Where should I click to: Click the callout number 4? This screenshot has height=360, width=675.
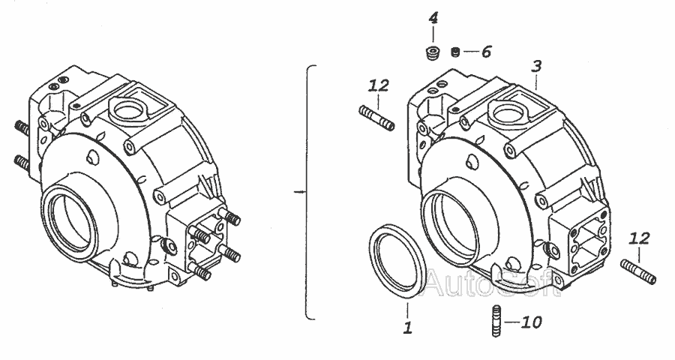pos(433,19)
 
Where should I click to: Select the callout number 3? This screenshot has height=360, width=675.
pos(536,66)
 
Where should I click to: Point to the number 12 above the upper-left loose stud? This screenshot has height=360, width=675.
pos(379,85)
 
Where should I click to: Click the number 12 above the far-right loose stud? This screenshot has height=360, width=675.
pos(639,238)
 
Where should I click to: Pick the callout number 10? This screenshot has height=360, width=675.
pos(531,322)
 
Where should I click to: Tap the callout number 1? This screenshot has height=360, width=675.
pos(408,328)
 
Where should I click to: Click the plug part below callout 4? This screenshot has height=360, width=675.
pos(431,53)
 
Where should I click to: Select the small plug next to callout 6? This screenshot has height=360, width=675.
pos(455,52)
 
